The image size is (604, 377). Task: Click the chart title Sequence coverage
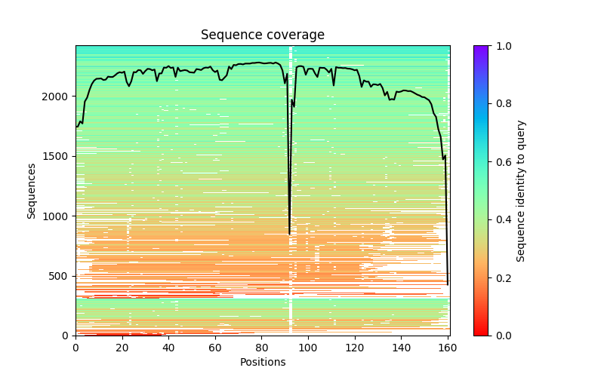click(x=262, y=35)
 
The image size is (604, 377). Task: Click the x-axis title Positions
click(x=262, y=362)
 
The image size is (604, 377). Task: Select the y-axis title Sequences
click(x=32, y=190)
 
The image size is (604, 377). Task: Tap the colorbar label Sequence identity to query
click(x=521, y=191)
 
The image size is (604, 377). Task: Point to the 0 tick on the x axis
click(x=75, y=347)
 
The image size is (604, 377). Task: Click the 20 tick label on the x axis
click(x=122, y=347)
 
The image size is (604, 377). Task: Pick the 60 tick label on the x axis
click(x=215, y=347)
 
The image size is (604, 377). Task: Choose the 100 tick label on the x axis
click(x=308, y=347)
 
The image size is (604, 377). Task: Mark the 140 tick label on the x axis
click(x=402, y=347)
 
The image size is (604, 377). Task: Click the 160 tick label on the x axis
click(x=448, y=347)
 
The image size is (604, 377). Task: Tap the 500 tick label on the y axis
click(x=57, y=276)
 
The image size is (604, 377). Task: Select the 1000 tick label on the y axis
click(x=55, y=216)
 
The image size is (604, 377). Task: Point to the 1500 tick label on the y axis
click(x=55, y=157)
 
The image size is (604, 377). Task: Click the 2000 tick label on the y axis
click(x=55, y=97)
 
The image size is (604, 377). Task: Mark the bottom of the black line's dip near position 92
click(x=290, y=234)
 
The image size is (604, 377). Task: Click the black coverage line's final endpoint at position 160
click(x=448, y=284)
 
